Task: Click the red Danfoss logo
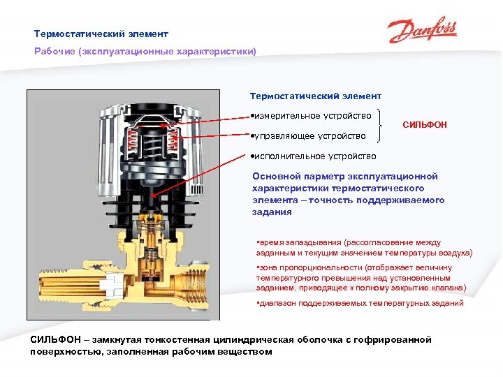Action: (423, 29)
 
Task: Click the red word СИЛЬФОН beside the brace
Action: (425, 125)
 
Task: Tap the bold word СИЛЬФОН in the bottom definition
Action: (55, 339)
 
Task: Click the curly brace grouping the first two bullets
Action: (380, 126)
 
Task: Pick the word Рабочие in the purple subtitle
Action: (55, 51)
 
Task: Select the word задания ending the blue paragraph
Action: (272, 212)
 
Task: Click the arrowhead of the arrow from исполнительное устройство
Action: (154, 195)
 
